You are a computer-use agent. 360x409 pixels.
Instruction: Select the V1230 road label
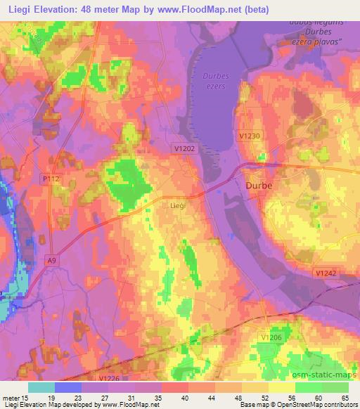250,136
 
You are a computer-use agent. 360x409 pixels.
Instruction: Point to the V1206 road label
278,319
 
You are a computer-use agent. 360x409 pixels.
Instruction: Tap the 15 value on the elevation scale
27,397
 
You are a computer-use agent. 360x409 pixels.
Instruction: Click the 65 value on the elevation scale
344,397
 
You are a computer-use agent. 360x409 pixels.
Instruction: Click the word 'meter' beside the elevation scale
11,397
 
